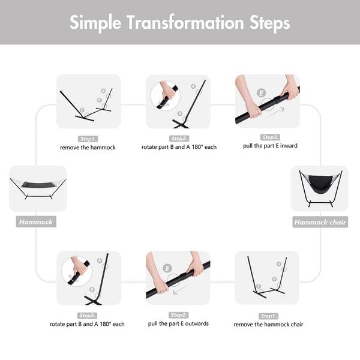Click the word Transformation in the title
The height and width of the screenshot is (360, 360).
185,23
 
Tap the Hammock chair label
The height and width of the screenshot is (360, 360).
320,222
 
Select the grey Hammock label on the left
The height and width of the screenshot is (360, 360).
36,222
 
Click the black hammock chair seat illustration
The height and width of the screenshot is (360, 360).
320,184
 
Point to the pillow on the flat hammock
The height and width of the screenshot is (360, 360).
25,184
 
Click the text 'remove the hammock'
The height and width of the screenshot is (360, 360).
88,148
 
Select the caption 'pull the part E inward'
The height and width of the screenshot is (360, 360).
270,146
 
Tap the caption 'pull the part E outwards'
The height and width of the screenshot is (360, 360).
178,324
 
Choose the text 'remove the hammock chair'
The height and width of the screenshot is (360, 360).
268,325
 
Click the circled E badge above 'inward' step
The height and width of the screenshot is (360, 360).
261,93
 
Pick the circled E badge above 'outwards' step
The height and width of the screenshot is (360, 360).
167,268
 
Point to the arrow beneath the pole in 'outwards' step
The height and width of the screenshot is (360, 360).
181,289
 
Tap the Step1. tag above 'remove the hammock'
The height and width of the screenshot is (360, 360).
88,139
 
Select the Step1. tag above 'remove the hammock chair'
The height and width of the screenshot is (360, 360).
268,316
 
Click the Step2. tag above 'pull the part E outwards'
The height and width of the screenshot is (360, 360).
179,315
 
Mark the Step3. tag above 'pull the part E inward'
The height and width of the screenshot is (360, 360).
270,137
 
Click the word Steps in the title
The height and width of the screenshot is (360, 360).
270,23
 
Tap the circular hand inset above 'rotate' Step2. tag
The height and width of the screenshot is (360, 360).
166,96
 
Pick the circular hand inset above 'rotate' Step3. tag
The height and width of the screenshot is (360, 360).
77,271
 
